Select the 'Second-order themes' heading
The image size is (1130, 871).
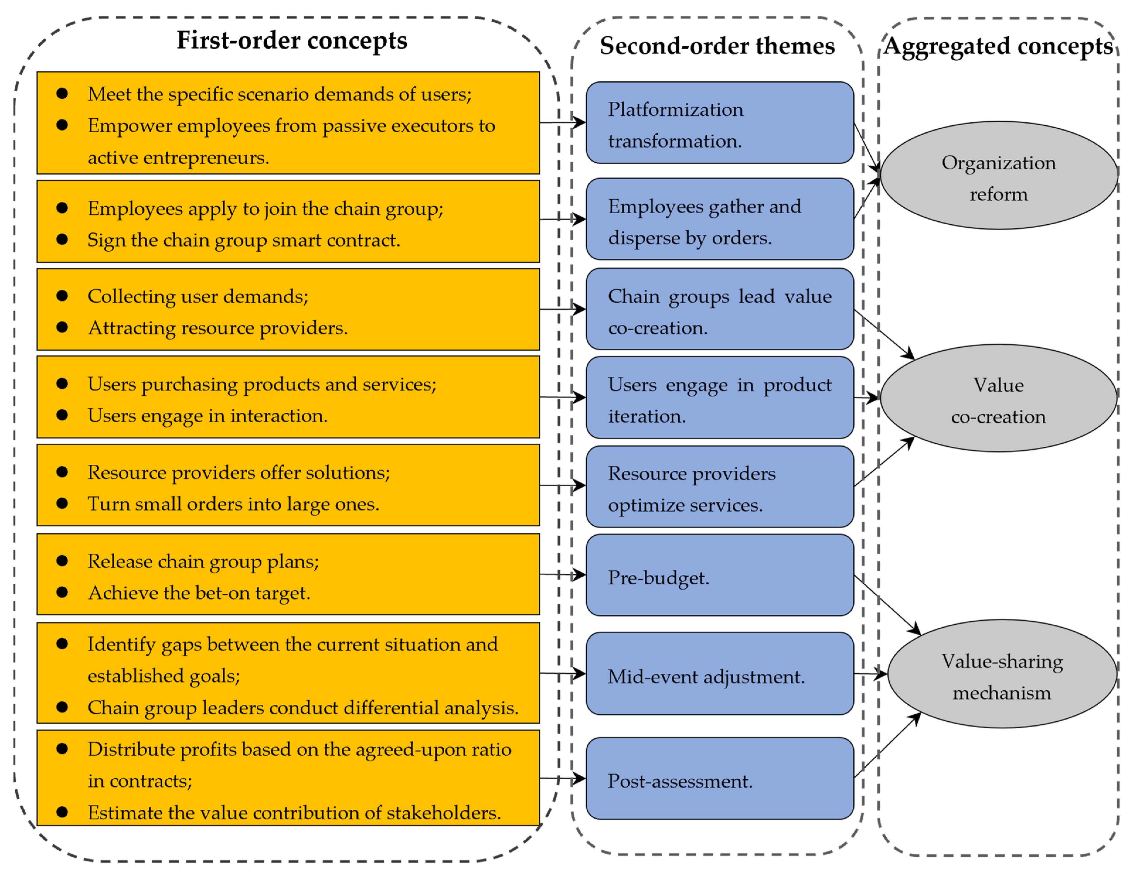tap(717, 45)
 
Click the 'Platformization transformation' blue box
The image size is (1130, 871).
tap(719, 123)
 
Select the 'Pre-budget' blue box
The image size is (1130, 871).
tap(719, 575)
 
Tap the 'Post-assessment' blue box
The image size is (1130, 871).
tap(719, 778)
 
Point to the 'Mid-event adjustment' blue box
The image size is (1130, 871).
tap(719, 674)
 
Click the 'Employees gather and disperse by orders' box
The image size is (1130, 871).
tap(719, 219)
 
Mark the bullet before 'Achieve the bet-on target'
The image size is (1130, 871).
tap(62, 592)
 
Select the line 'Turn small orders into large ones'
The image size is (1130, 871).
tap(233, 504)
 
